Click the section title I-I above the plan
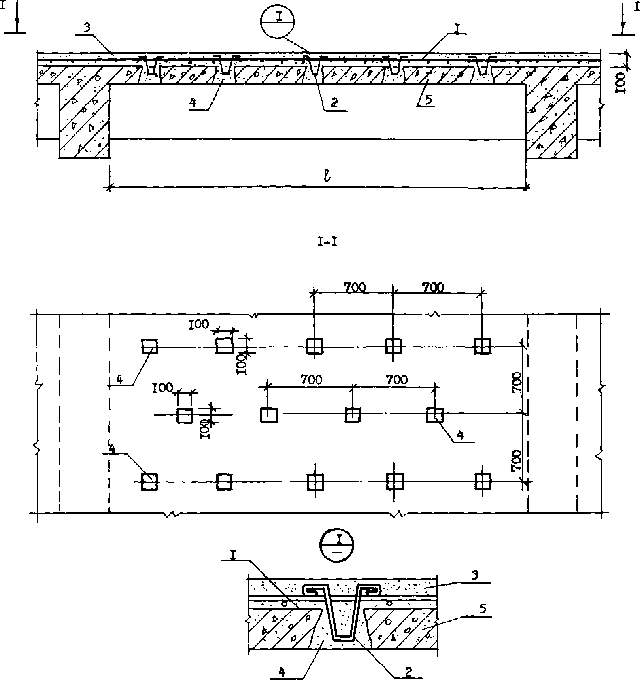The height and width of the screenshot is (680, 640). pos(328,243)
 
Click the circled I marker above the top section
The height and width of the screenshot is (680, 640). pos(277,23)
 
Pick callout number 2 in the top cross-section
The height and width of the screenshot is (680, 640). pos(334,103)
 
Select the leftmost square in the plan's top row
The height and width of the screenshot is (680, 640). pos(149,347)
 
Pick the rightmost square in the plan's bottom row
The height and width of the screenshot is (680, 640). pos(482,482)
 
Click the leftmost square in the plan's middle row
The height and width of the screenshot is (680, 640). pos(185,416)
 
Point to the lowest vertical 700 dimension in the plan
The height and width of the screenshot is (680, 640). pos(516,462)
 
